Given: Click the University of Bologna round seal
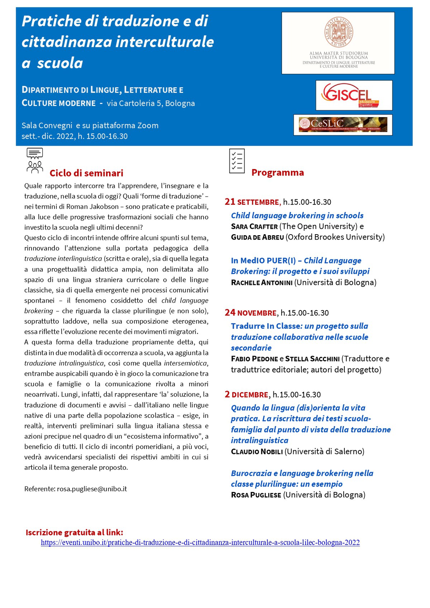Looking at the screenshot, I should click(x=339, y=32).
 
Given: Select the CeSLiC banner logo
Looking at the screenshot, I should click(x=343, y=125).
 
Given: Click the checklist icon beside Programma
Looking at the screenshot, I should click(x=237, y=161).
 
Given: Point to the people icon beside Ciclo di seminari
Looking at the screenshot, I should click(x=35, y=161).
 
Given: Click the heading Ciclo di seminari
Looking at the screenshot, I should click(x=86, y=173).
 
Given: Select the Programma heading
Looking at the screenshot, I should click(x=277, y=173).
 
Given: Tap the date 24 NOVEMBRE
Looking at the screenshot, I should click(x=250, y=313).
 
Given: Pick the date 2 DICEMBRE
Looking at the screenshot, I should click(x=247, y=395).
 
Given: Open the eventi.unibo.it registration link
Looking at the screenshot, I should click(x=200, y=542).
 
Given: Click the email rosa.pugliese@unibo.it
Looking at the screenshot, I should click(x=92, y=489).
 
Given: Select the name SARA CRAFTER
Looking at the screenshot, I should click(x=254, y=226).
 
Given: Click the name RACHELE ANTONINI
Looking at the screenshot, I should click(x=262, y=283).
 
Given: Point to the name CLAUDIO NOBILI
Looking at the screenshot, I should click(x=257, y=452).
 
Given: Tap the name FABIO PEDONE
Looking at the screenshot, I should click(x=254, y=359).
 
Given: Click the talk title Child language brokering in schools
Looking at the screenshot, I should click(x=297, y=216).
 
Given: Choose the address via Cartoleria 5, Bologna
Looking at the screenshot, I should click(x=151, y=103).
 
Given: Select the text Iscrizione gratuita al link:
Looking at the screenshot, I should click(x=74, y=532).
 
